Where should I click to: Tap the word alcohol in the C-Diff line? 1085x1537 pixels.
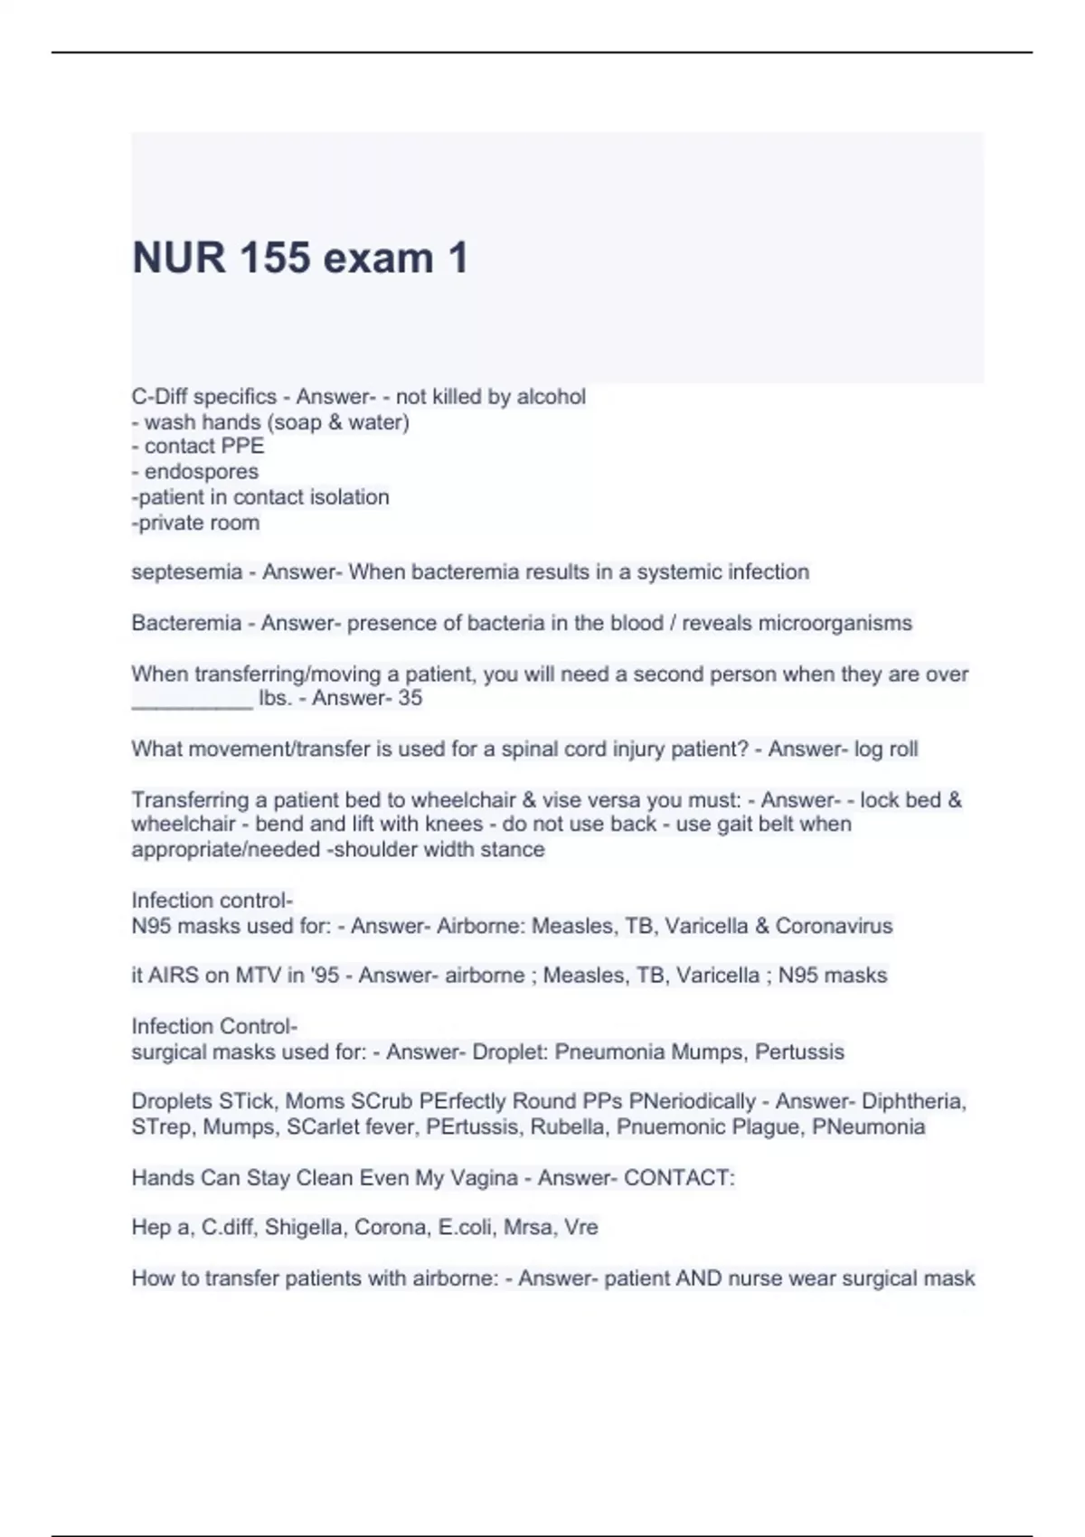pos(551,397)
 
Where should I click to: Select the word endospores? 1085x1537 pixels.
pos(202,472)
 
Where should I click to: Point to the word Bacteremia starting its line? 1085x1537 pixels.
pos(185,623)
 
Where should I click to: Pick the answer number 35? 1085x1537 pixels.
pos(410,698)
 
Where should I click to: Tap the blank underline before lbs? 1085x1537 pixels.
pos(192,702)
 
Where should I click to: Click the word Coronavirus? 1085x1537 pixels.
pos(834,926)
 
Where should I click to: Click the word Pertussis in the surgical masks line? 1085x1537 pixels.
pos(799,1052)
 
